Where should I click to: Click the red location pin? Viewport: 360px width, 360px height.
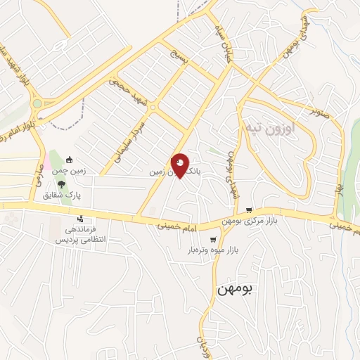click(x=181, y=165)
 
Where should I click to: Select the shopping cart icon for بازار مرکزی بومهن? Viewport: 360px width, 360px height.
click(x=249, y=210)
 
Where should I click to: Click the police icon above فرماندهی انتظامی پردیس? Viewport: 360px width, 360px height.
click(x=82, y=218)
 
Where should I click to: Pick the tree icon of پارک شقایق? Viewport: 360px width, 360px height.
click(x=62, y=184)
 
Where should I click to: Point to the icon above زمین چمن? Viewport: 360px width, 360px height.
click(x=68, y=160)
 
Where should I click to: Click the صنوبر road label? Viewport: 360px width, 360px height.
click(x=319, y=109)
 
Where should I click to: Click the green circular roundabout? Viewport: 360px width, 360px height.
click(x=37, y=103)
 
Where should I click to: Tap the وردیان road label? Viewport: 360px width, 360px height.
click(x=202, y=345)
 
